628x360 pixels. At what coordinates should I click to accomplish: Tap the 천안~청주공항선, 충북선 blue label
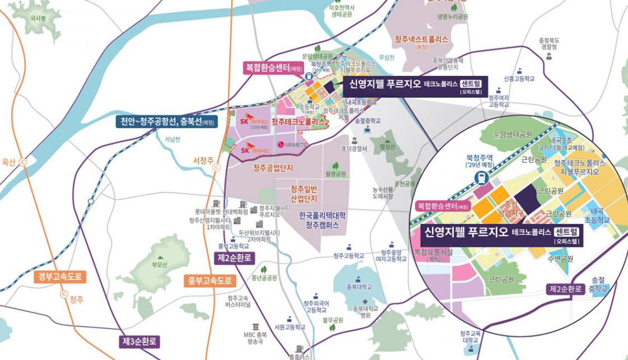pyautogui.click(x=166, y=121)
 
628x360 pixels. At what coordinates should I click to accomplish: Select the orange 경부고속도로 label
pyautogui.click(x=60, y=276)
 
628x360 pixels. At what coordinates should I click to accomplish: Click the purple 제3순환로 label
pyautogui.click(x=140, y=342)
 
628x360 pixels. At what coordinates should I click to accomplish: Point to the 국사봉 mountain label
pyautogui.click(x=38, y=18)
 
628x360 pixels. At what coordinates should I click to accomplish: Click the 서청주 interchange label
pyautogui.click(x=204, y=160)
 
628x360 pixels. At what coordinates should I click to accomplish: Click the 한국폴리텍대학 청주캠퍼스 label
pyautogui.click(x=322, y=219)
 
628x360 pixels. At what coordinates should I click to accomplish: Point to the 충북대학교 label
pyautogui.click(x=359, y=286)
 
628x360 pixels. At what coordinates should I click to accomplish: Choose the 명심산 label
pyautogui.click(x=387, y=147)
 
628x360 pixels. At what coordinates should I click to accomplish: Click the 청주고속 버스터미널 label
pyautogui.click(x=240, y=302)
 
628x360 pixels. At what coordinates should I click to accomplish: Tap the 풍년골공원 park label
pyautogui.click(x=265, y=277)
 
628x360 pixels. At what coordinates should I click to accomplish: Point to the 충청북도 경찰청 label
pyautogui.click(x=549, y=44)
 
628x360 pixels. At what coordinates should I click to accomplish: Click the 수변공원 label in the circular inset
pyautogui.click(x=560, y=258)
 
